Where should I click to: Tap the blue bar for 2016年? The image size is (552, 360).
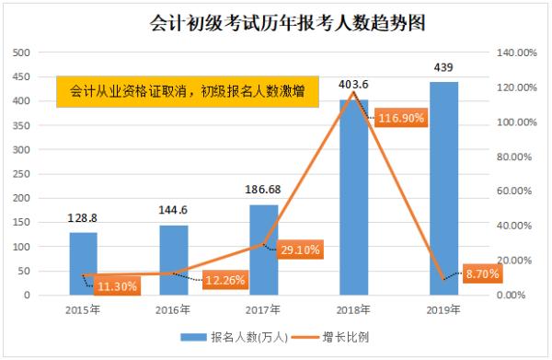(x=173, y=260)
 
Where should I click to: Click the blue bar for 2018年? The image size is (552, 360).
(x=353, y=197)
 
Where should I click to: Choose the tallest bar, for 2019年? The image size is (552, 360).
(x=443, y=188)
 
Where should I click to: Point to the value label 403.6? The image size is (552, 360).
(x=353, y=85)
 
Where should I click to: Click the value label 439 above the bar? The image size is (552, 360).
(x=443, y=67)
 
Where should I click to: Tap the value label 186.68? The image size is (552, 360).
(x=263, y=190)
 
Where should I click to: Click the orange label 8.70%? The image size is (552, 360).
(x=481, y=274)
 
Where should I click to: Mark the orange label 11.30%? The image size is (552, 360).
(x=118, y=286)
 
